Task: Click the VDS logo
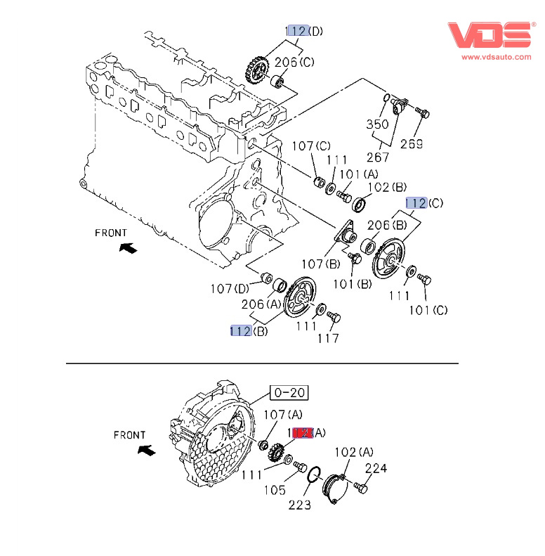490,34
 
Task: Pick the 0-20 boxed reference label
290,392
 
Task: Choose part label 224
376,468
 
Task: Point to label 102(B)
388,188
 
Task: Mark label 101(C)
428,310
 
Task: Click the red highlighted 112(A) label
306,433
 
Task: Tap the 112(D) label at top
304,31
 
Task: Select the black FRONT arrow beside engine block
128,247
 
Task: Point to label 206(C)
294,62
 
